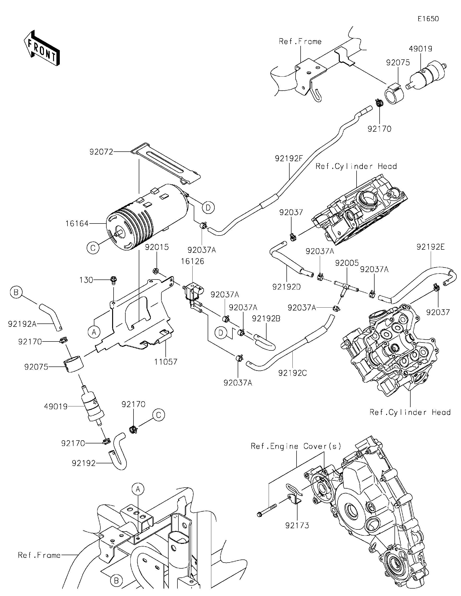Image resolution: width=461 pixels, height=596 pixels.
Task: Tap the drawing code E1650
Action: tap(428, 19)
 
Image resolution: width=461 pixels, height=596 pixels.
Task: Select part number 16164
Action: tap(77, 224)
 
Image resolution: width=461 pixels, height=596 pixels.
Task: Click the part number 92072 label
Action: tap(101, 152)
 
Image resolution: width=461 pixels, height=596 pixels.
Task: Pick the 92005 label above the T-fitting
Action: tap(346, 263)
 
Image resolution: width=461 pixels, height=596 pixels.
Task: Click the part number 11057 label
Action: tap(165, 362)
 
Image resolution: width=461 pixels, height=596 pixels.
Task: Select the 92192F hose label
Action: tap(289, 158)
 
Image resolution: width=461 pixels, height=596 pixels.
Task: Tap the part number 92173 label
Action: tap(297, 525)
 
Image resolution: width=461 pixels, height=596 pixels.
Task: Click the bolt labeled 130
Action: tap(113, 280)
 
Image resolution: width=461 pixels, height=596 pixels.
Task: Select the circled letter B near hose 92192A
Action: tap(16, 292)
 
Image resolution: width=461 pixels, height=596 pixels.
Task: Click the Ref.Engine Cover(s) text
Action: tap(296, 446)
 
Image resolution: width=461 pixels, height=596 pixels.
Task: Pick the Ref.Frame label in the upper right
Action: tap(300, 42)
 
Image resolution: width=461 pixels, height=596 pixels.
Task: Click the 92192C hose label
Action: tap(292, 373)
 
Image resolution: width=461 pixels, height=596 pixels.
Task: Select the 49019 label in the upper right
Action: tap(420, 49)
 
